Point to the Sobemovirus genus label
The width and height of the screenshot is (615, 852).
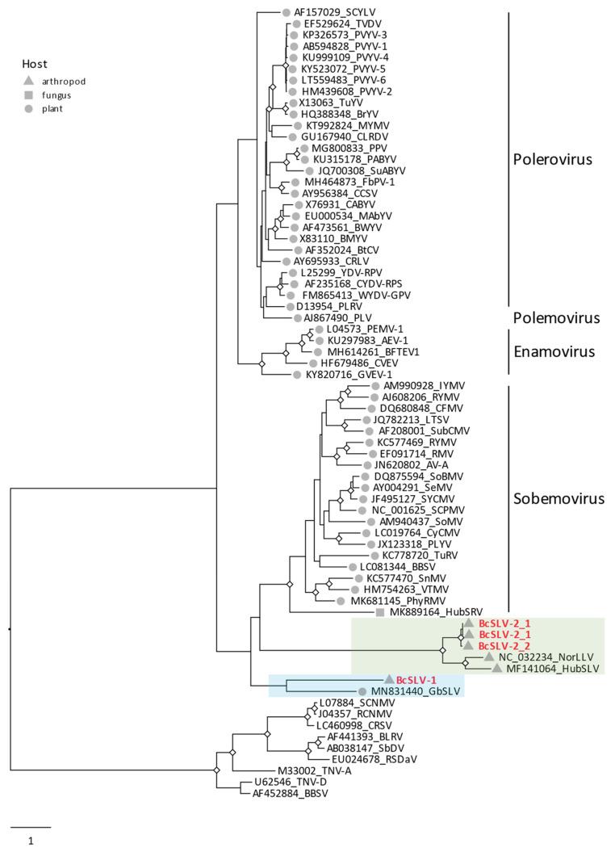[x=559, y=498]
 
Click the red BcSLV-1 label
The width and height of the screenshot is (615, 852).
[x=416, y=680]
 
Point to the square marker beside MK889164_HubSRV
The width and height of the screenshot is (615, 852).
[x=380, y=613]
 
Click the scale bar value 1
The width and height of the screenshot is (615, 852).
[x=31, y=841]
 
